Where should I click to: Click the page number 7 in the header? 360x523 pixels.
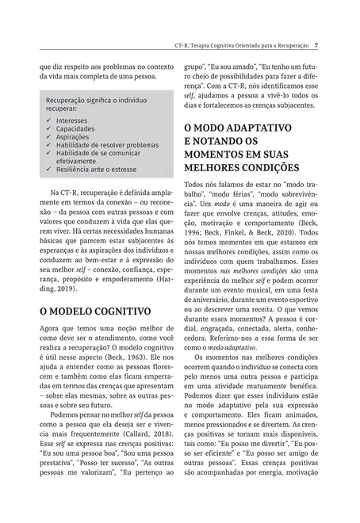316,45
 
